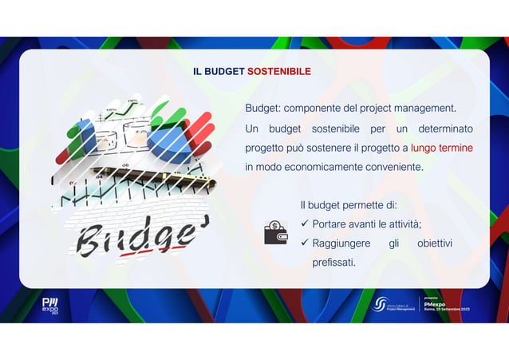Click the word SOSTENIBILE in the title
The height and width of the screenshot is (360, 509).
[x=278, y=72]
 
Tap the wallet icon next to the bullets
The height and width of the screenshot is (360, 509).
[x=276, y=232]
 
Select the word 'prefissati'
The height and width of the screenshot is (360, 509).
[x=333, y=262]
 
